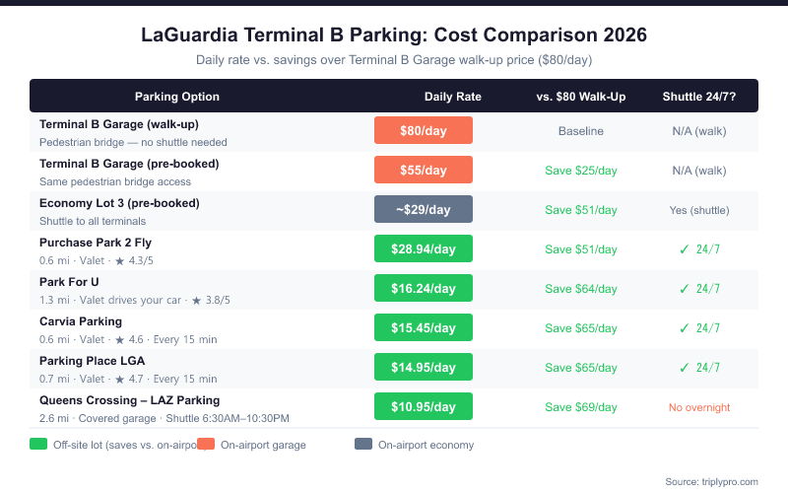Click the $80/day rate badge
click(424, 130)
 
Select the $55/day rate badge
click(424, 170)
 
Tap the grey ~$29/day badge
click(424, 209)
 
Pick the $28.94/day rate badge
click(424, 248)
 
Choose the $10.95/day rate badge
click(424, 406)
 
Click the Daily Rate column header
click(452, 97)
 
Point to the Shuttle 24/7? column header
click(698, 97)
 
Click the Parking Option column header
click(177, 97)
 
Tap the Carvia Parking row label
click(81, 321)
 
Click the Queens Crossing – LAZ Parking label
click(129, 400)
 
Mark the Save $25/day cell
click(581, 171)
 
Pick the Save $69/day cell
click(581, 407)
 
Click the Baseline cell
click(581, 131)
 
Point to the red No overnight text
click(699, 407)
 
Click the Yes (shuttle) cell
click(699, 210)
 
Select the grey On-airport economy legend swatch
click(363, 445)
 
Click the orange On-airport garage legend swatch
click(206, 445)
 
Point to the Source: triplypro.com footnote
click(711, 481)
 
